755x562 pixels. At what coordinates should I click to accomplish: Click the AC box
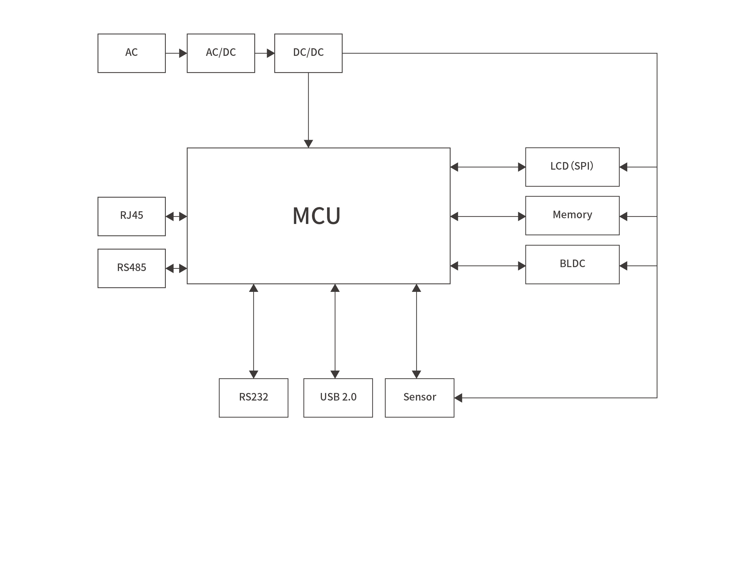[x=131, y=53]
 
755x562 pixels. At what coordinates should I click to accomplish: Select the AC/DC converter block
[x=220, y=53]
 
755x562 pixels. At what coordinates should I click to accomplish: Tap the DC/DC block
[x=308, y=53]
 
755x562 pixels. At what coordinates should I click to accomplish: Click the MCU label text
[x=316, y=216]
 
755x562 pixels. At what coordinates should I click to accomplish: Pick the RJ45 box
[x=131, y=216]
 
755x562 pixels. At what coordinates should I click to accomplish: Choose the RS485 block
[x=131, y=268]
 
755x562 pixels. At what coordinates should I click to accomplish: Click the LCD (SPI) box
[x=572, y=167]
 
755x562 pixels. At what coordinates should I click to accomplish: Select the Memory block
[x=572, y=215]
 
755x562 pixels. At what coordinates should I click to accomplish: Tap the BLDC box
[x=572, y=264]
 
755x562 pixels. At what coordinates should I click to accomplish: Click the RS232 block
[x=253, y=398]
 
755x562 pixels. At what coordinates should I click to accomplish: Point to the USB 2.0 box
[x=338, y=398]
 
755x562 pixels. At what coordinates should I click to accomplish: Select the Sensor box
[x=419, y=398]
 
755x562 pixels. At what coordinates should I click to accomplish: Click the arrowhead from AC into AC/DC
[x=183, y=53]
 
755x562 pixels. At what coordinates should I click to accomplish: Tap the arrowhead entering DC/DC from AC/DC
[x=271, y=53]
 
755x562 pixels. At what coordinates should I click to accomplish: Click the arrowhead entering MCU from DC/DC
[x=308, y=144]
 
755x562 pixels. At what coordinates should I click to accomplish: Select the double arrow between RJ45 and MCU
[x=176, y=216]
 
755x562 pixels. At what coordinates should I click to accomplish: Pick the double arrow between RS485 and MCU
[x=176, y=268]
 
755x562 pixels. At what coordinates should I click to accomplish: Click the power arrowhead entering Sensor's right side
[x=458, y=398]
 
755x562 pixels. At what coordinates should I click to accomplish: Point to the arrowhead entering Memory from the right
[x=623, y=216]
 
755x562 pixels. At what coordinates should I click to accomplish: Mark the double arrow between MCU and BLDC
[x=487, y=266]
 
